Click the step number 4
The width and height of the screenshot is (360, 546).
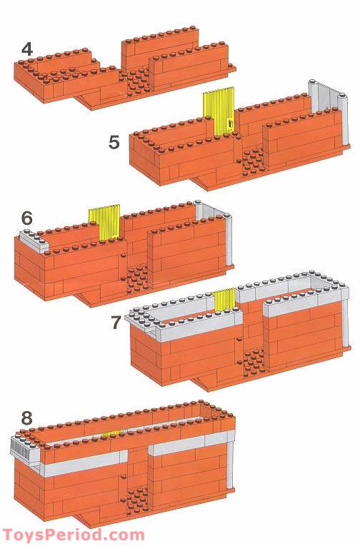(27, 49)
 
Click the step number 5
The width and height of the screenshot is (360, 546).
(114, 143)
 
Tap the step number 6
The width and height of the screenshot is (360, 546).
(27, 218)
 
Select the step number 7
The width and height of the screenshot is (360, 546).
(116, 323)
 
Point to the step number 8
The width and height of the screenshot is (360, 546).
(27, 418)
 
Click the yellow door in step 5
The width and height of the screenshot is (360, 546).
(219, 112)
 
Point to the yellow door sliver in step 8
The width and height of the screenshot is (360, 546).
(112, 433)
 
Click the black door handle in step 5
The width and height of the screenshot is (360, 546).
(230, 124)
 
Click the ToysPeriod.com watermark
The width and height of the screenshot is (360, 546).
(74, 535)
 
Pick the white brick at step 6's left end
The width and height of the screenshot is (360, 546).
(34, 241)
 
